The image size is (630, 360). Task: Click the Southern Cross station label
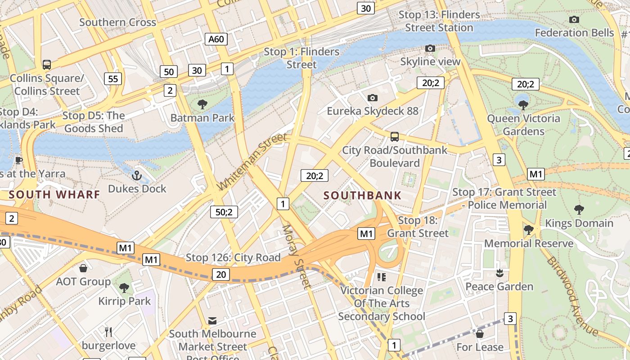(117, 22)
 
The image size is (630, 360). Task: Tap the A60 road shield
(216, 39)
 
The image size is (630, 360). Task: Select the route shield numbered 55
(112, 79)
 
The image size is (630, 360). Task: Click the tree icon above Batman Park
(202, 104)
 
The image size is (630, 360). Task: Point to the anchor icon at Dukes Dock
(137, 175)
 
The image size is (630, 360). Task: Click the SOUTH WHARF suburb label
(54, 194)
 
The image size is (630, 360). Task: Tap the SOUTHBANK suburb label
(362, 195)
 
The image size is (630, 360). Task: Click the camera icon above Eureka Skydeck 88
(372, 98)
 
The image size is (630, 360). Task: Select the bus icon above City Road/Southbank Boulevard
(394, 136)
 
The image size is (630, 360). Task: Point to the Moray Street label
(296, 256)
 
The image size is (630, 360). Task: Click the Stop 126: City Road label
(233, 257)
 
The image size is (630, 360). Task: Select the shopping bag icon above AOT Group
(83, 269)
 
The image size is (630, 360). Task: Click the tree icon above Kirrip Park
(124, 288)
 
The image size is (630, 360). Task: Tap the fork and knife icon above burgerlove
(108, 332)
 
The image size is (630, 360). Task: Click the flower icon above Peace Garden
(499, 273)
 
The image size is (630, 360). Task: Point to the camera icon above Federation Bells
(574, 19)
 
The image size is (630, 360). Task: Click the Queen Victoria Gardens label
(523, 125)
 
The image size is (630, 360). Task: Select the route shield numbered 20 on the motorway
(220, 274)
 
